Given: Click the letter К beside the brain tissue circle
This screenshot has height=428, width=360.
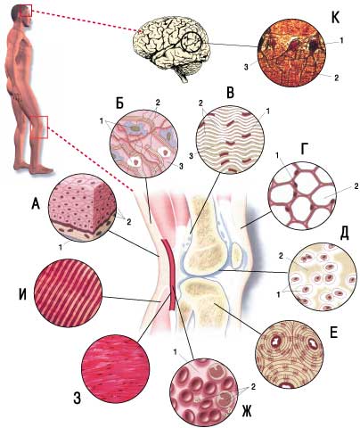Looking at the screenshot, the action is tap(335, 18).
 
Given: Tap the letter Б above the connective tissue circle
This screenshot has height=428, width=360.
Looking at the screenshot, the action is tap(119, 103).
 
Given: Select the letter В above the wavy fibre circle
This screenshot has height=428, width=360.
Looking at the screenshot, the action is tap(230, 93).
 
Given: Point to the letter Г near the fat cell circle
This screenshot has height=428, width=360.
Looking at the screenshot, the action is tap(304, 151).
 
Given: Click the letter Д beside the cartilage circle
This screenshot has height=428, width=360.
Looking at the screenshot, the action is tap(344, 235).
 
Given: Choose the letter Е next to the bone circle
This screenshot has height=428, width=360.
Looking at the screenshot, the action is tap(334, 333).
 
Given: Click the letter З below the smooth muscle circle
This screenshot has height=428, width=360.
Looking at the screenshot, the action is tap(77, 399).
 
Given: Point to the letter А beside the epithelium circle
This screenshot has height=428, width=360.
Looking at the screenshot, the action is tap(36, 205).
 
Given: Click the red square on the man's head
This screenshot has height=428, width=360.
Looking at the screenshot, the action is tap(26, 10).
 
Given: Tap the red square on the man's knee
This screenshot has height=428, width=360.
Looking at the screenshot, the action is tap(39, 128).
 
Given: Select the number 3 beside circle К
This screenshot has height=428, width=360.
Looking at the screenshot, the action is tap(246, 67).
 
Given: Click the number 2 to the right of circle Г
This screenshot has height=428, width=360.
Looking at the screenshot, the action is tap(356, 186).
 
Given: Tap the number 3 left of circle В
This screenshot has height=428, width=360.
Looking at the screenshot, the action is tap(192, 155).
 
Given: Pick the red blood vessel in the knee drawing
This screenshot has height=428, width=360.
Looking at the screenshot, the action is tap(169, 274).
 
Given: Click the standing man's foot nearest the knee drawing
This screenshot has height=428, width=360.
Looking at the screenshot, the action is tap(43, 169).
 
